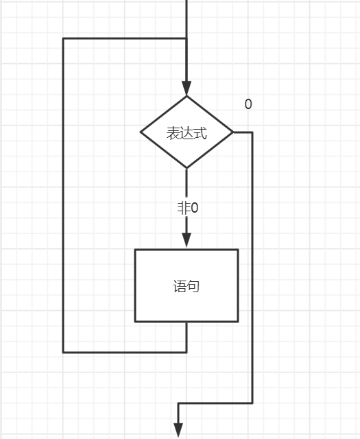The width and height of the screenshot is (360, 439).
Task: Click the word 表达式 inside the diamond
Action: [x=187, y=132]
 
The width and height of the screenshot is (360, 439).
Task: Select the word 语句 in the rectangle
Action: [x=187, y=286]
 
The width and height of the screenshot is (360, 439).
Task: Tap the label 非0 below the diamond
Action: [x=187, y=208]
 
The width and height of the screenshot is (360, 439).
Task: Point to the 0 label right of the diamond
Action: [x=248, y=104]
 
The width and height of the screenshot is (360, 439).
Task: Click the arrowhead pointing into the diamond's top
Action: [x=187, y=88]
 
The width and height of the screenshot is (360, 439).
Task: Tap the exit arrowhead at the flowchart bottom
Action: [x=178, y=430]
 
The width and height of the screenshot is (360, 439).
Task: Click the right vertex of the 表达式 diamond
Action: [x=233, y=132]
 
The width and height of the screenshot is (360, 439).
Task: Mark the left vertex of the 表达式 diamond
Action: [x=141, y=132]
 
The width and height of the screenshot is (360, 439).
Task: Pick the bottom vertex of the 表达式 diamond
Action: [x=187, y=168]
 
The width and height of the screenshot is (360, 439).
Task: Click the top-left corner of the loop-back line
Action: [x=63, y=39]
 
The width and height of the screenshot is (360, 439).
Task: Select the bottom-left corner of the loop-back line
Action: [x=63, y=352]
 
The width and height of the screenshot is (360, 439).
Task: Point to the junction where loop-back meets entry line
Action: [x=187, y=39]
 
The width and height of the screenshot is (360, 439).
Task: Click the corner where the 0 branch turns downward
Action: [x=252, y=132]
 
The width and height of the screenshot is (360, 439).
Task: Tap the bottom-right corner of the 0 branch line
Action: [x=252, y=403]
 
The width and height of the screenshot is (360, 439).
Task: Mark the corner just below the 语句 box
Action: [x=187, y=352]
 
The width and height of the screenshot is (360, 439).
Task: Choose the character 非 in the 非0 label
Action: [x=182, y=208]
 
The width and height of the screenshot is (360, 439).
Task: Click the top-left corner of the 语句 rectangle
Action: [x=135, y=250]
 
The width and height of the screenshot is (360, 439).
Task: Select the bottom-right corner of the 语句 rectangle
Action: [x=238, y=321]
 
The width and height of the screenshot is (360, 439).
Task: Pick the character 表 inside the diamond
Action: [x=173, y=132]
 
